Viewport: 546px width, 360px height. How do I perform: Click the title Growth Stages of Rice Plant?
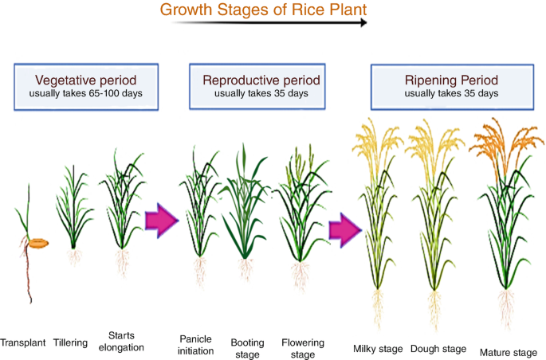click(x=262, y=10)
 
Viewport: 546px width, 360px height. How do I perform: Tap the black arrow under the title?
click(x=271, y=23)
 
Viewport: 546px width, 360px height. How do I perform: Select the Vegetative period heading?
click(x=86, y=80)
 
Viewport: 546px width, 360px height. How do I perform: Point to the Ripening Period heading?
click(x=452, y=80)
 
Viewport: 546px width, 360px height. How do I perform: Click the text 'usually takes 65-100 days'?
click(x=86, y=93)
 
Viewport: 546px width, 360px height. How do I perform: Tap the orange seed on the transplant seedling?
click(x=38, y=242)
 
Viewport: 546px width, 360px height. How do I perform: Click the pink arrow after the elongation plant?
click(x=162, y=220)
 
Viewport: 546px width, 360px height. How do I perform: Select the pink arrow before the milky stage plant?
click(x=346, y=230)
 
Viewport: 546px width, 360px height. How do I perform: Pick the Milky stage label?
click(x=379, y=348)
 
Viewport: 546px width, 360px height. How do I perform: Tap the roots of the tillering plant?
click(x=75, y=256)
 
